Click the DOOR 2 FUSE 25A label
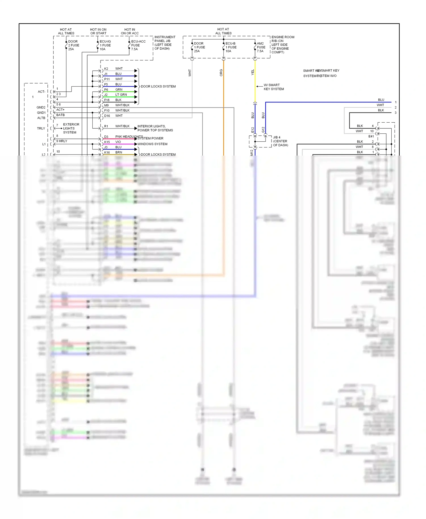73,45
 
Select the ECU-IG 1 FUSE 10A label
105,45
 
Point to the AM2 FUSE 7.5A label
261,47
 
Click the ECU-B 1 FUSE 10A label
231,47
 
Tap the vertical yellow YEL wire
255,85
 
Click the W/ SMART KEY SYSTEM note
273,87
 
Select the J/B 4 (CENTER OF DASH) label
280,141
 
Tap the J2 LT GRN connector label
115,95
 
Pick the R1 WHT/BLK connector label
116,126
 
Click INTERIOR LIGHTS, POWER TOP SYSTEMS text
155,128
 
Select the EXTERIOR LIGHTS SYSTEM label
70,128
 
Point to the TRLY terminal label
41,128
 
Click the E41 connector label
371,137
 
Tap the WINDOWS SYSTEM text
152,144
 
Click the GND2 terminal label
41,107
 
